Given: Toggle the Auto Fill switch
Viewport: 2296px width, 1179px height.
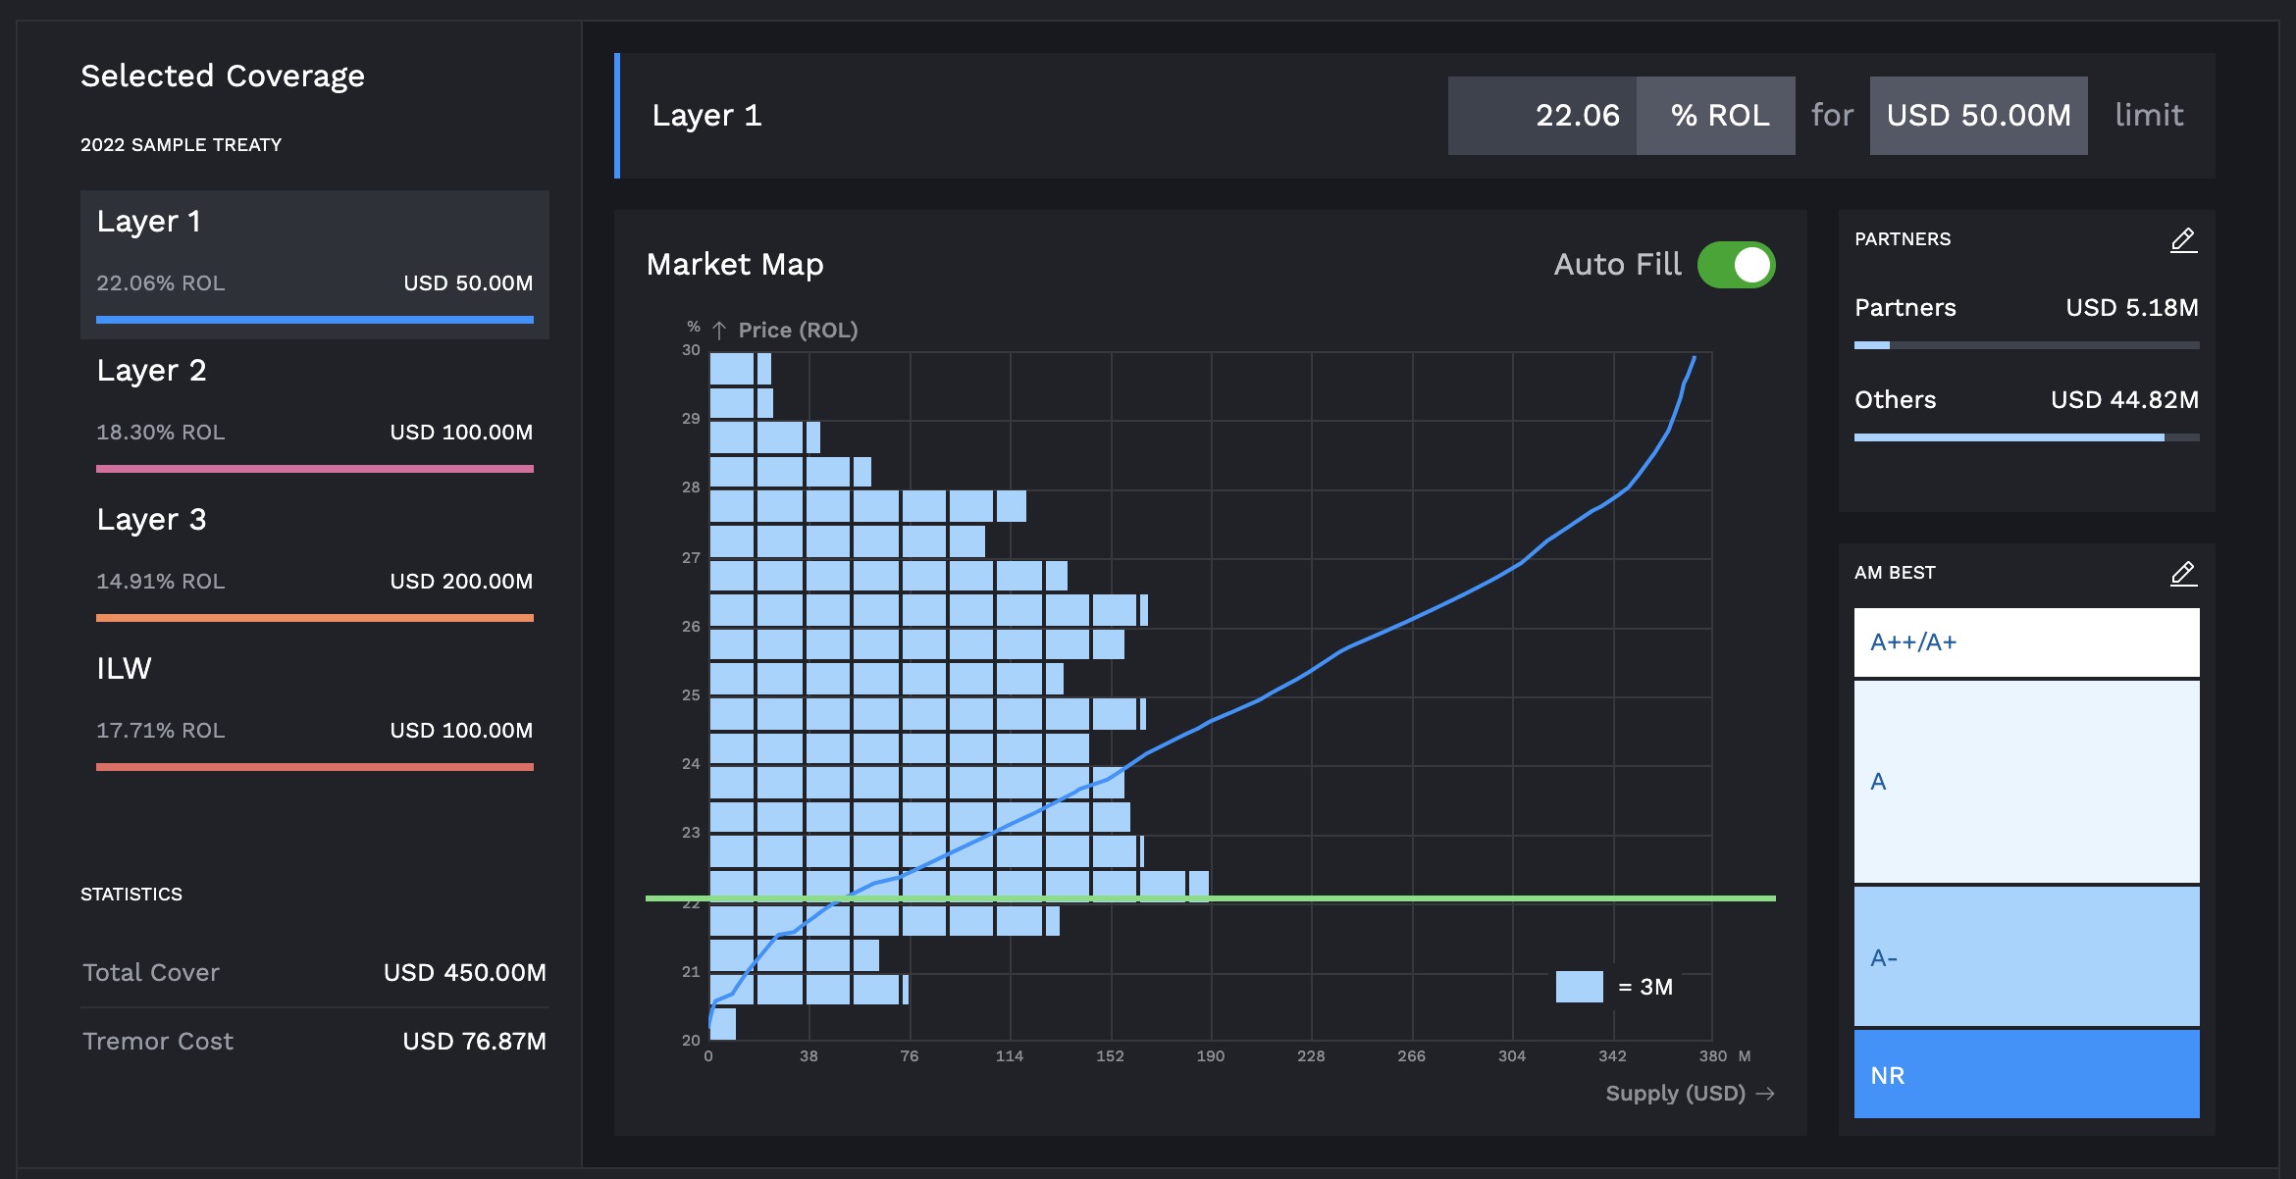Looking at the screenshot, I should [x=1736, y=265].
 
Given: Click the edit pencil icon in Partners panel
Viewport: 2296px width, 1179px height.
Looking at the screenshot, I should [x=2183, y=240].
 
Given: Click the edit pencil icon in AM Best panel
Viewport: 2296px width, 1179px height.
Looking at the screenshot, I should [x=2183, y=574].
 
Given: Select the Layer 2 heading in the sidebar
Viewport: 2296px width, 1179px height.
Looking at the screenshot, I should [x=151, y=371].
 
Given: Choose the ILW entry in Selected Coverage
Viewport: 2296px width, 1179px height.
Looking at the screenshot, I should [x=124, y=669].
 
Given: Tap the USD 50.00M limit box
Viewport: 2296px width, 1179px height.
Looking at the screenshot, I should [x=1978, y=116].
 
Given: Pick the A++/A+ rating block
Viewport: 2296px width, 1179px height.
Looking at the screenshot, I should [x=2026, y=642].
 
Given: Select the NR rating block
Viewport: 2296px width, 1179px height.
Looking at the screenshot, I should [x=2026, y=1074].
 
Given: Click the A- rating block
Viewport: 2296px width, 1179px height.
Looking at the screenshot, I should [x=2026, y=957].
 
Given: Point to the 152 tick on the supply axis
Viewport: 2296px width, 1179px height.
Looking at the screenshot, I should [x=1110, y=1056].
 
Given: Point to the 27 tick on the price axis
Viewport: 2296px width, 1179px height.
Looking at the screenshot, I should [x=691, y=558].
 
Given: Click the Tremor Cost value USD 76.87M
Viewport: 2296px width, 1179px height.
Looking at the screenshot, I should [x=474, y=1042].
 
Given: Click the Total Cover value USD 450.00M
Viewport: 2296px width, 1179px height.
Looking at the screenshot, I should [x=464, y=973].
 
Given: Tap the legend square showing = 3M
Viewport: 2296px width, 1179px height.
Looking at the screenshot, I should [x=1579, y=987].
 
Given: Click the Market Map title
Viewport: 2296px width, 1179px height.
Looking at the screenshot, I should [x=735, y=265].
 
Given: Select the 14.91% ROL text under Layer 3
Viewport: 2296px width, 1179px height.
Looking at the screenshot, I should [x=160, y=582].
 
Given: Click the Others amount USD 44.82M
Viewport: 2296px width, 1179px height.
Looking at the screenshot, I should [x=2123, y=400].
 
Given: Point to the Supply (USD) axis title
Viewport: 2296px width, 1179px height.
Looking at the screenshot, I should [x=1675, y=1094].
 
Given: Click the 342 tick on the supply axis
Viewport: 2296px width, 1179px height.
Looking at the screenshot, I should [x=1612, y=1056].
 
